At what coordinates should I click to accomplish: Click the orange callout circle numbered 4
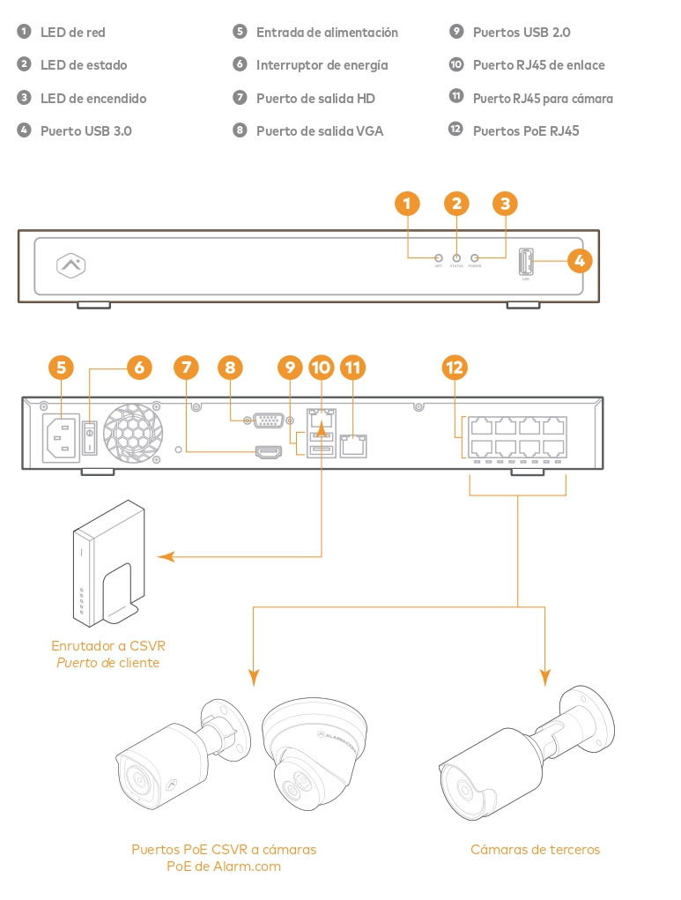[578, 260]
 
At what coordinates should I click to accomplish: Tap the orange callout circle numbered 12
[455, 368]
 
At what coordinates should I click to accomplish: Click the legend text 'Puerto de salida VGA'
[320, 130]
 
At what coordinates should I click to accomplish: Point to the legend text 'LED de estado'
[84, 65]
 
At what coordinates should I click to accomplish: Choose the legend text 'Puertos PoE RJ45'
[526, 130]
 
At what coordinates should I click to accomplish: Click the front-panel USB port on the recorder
[526, 263]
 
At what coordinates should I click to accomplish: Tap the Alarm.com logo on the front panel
[70, 264]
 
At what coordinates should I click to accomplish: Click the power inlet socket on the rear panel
[61, 435]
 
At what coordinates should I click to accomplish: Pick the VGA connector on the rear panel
[267, 420]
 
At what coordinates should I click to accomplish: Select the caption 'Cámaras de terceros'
[535, 850]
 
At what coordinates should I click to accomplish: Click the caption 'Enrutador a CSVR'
[108, 645]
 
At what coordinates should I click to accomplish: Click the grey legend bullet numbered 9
[455, 32]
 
